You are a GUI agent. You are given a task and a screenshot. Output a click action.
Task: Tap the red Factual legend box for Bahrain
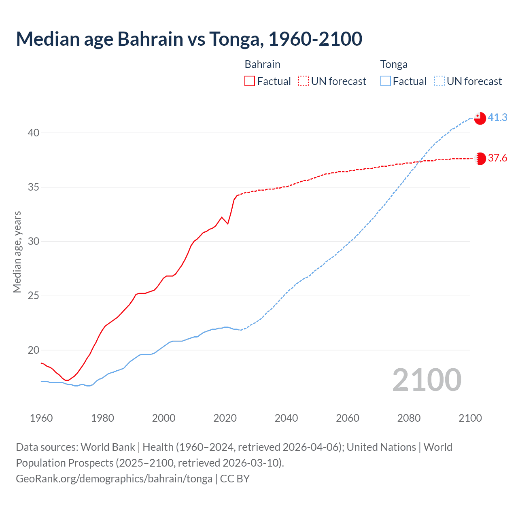pos(250,81)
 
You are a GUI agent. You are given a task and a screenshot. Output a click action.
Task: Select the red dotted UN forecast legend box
pos(304,81)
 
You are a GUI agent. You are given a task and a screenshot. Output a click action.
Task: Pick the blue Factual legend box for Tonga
pos(386,81)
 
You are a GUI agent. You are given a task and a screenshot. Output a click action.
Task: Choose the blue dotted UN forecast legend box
pos(439,81)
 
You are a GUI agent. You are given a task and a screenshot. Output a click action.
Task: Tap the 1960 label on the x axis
pos(41,418)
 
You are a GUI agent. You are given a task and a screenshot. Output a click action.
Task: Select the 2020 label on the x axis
pos(225,418)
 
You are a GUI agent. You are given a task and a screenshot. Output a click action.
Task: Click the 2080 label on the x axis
pos(409,418)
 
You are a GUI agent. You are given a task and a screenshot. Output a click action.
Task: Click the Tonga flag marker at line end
pos(480,118)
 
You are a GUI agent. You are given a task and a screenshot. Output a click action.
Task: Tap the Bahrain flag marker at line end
pos(480,159)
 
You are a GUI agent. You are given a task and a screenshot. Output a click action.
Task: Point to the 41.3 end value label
pos(497,117)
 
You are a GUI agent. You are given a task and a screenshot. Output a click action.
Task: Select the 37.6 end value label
pos(497,158)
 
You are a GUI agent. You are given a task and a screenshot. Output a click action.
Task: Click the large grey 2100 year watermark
pos(427,380)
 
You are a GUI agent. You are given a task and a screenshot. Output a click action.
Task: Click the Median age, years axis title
pos(17,252)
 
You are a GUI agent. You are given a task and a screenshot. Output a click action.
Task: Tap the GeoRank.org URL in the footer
pos(114,478)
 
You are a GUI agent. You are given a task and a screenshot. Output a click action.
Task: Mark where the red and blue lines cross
pos(419,161)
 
